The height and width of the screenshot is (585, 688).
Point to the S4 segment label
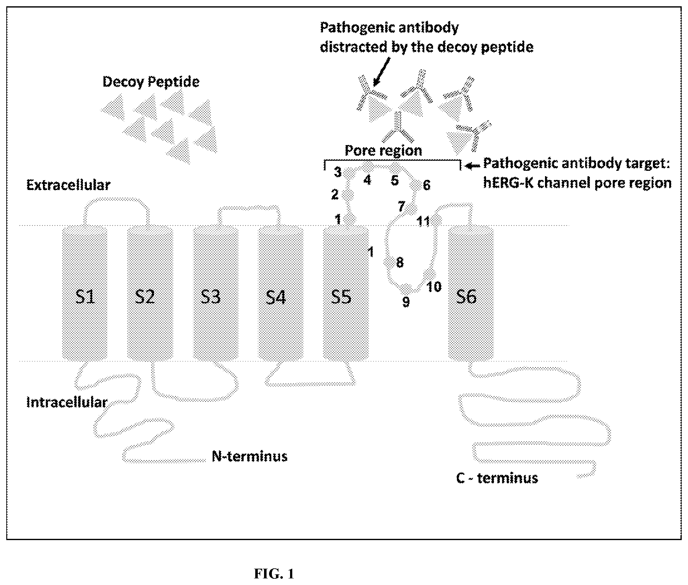[276, 297]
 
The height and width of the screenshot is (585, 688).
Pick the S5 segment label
[341, 297]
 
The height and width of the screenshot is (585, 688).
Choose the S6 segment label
[466, 296]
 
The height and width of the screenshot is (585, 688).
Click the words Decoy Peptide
[151, 82]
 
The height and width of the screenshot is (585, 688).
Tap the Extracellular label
[68, 185]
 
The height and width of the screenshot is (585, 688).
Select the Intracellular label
[67, 402]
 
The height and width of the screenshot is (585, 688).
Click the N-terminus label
[250, 456]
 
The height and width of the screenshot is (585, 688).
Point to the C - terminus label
[497, 478]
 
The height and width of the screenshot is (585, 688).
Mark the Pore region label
[383, 150]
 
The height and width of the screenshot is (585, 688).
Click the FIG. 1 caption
[274, 573]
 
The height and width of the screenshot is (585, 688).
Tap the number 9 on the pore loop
[406, 302]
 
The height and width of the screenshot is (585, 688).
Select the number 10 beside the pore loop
[434, 286]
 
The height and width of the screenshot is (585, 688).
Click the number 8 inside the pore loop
[400, 262]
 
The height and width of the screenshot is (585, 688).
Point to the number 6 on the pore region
[427, 185]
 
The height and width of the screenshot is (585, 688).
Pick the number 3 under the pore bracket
[337, 172]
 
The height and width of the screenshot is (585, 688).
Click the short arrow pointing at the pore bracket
[473, 165]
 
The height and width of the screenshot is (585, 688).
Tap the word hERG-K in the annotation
[508, 183]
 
